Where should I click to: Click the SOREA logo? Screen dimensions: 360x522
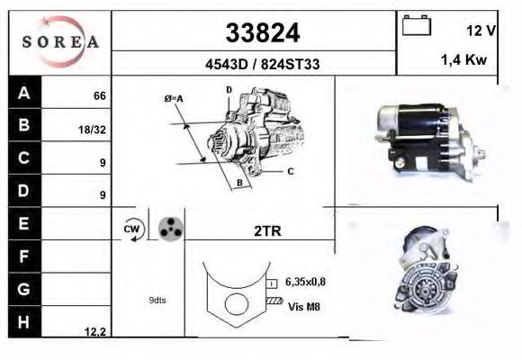coord(59,41)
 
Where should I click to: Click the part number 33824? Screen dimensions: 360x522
coord(261,33)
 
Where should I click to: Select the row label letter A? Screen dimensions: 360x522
coord(24,93)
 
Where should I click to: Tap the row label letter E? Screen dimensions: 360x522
coord(24,222)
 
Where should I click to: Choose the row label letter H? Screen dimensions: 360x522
coord(24,321)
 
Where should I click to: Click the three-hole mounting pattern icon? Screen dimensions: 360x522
coord(169,229)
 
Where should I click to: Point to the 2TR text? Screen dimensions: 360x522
coord(267,231)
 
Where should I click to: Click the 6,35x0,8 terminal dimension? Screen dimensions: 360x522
coord(306,282)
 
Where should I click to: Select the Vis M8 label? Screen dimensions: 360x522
coord(304,307)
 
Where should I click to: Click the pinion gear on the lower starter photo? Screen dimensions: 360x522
coord(419,290)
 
